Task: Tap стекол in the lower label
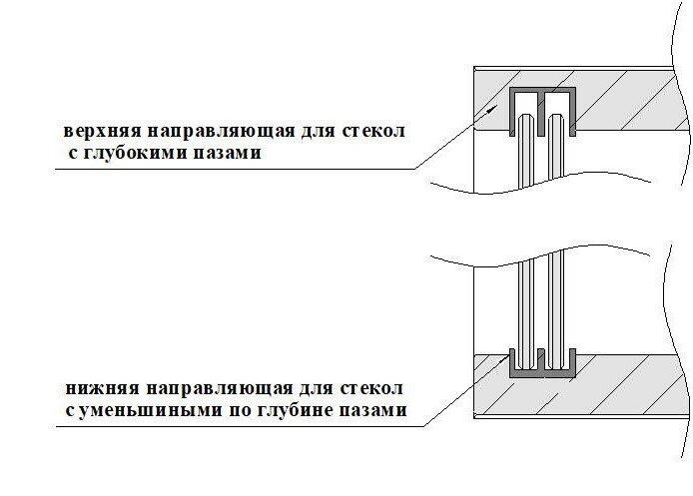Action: coord(371,387)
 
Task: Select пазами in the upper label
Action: coord(231,156)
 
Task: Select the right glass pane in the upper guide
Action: coord(555,150)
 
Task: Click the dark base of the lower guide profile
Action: coord(544,372)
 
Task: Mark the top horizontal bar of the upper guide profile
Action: coord(543,91)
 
